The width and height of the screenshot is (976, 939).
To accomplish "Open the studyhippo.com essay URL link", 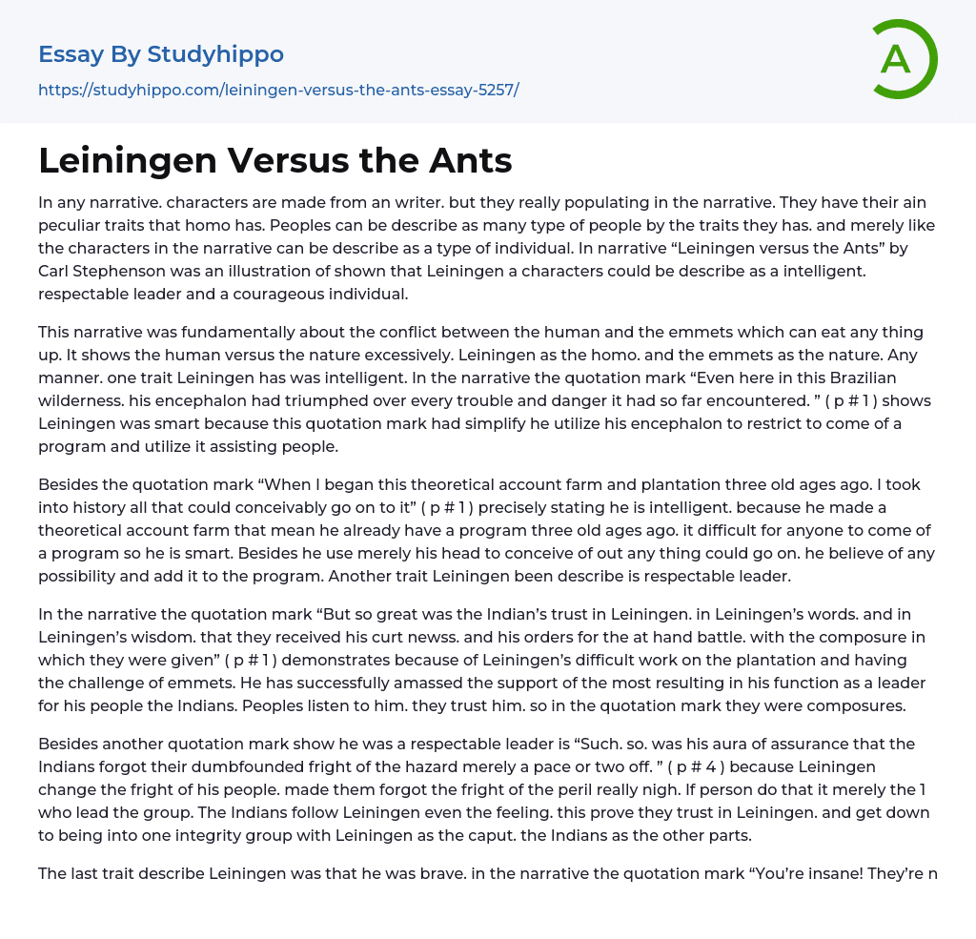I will pyautogui.click(x=278, y=90).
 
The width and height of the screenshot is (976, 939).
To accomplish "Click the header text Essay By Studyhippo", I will pyautogui.click(x=161, y=54).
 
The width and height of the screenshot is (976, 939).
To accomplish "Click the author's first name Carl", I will pyautogui.click(x=57, y=272).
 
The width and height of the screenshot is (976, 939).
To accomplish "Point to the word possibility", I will pyautogui.click(x=77, y=577).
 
